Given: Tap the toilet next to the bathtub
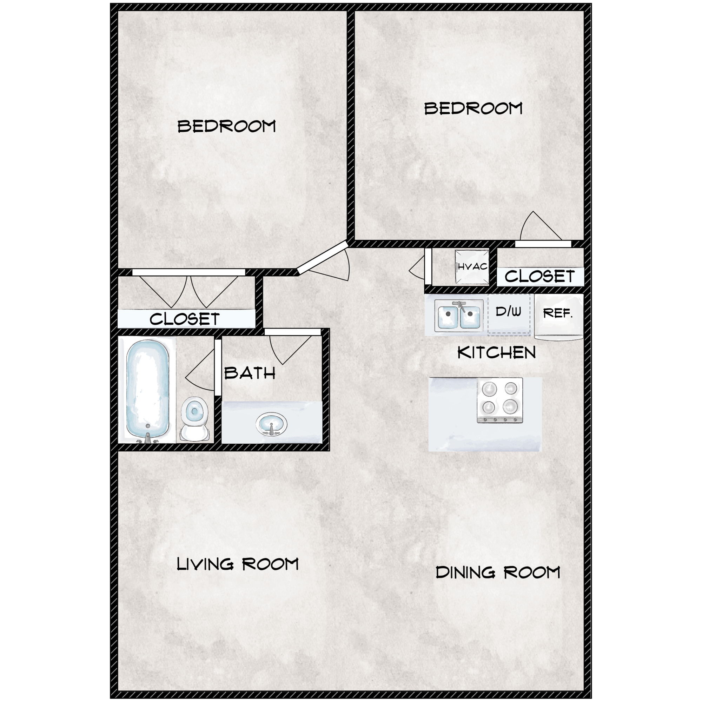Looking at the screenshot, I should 195,418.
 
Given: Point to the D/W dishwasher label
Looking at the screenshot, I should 508,311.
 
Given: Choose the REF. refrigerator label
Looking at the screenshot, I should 558,313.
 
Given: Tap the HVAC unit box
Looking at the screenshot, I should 472,267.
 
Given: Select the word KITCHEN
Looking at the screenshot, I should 496,353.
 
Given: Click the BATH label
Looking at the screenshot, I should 250,373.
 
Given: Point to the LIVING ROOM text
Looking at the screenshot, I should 237,564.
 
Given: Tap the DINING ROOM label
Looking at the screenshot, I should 497,572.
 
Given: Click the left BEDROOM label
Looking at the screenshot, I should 226,126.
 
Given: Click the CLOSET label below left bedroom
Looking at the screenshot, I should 184,319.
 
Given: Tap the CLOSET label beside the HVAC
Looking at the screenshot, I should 539,277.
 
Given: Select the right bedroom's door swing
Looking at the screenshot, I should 538,227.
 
